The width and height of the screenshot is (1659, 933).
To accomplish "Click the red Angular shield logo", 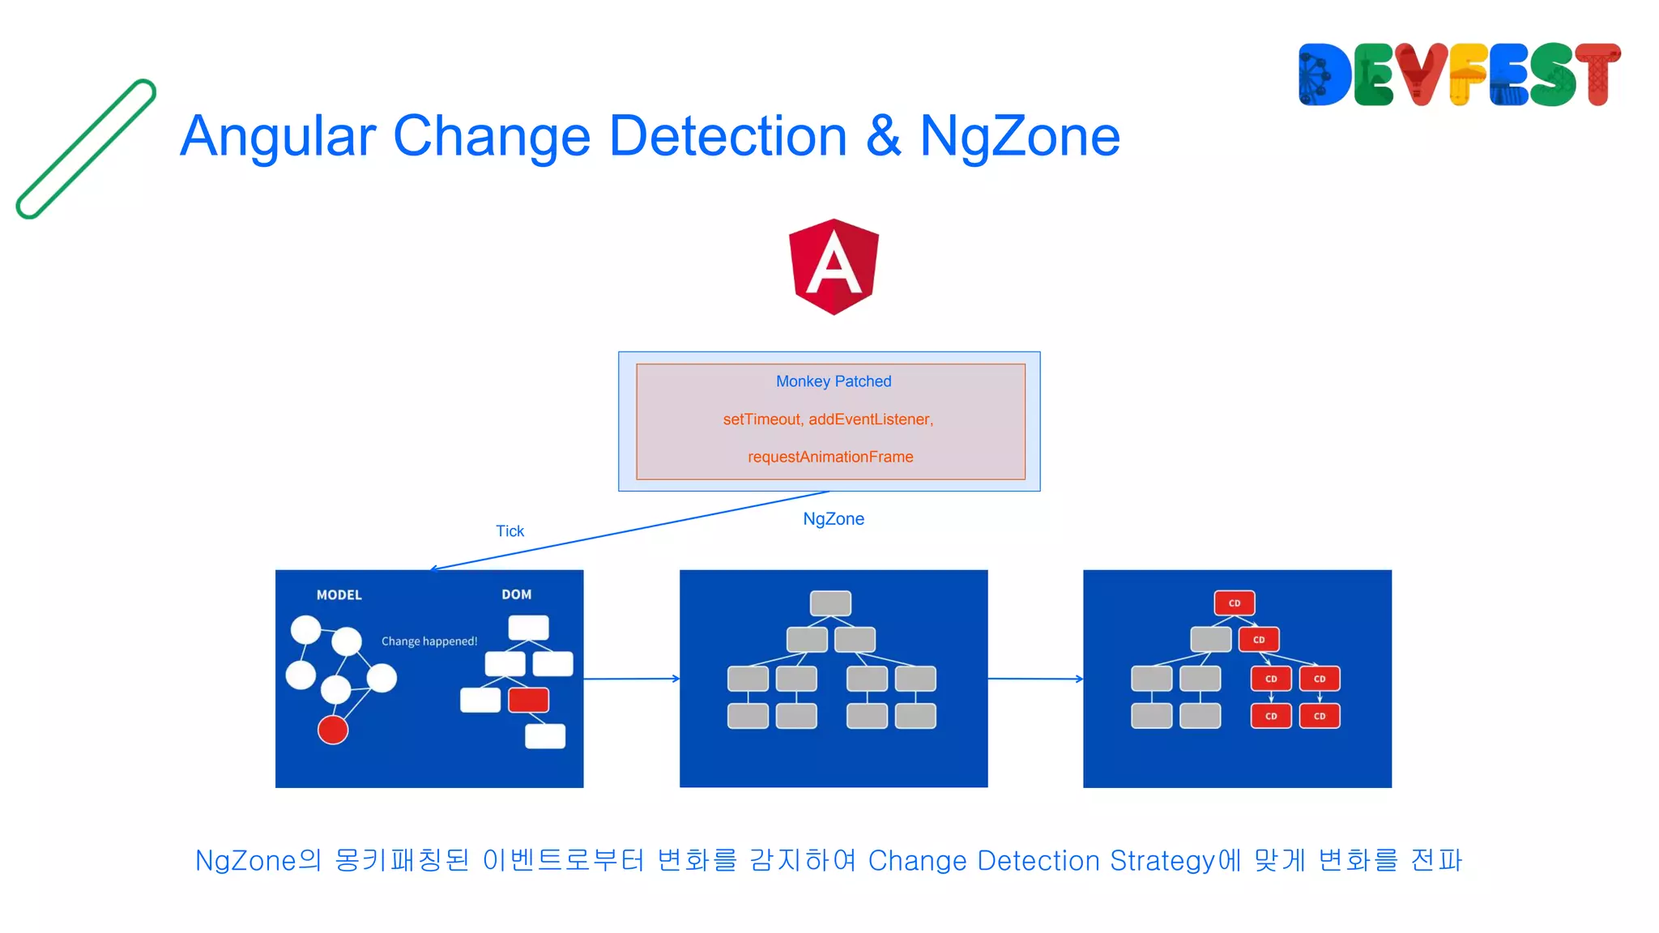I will (x=834, y=266).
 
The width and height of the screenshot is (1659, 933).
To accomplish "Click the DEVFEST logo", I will (x=1458, y=75).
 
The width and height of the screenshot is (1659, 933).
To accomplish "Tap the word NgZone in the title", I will (x=1019, y=136).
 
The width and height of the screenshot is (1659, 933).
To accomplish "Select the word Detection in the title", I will (x=727, y=136).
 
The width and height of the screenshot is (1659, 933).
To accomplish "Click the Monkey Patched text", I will (x=833, y=381).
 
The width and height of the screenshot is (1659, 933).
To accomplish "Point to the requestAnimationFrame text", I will (x=829, y=457).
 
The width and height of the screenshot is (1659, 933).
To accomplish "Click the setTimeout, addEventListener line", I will (x=828, y=420).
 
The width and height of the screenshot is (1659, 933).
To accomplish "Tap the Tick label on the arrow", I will (x=510, y=531).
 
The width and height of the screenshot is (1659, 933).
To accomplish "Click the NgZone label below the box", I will (x=833, y=519).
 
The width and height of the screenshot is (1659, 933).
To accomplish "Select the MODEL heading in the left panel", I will (x=339, y=595).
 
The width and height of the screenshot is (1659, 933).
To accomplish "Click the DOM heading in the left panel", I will (x=516, y=594).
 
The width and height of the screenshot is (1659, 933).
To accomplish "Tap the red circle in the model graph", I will (x=333, y=730).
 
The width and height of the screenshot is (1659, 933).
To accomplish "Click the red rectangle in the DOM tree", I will (x=528, y=700).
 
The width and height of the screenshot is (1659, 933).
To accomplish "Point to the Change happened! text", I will (x=429, y=641).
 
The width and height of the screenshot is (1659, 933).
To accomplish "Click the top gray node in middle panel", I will (x=830, y=603).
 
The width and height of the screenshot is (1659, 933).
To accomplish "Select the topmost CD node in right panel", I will (x=1234, y=603).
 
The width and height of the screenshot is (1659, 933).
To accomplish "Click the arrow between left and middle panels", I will (x=631, y=679).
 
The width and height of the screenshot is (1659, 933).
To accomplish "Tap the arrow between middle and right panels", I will (x=1034, y=679).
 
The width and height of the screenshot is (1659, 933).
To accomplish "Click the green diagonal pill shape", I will (x=86, y=149).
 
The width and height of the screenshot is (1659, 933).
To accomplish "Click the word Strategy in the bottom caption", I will (x=1162, y=861).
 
